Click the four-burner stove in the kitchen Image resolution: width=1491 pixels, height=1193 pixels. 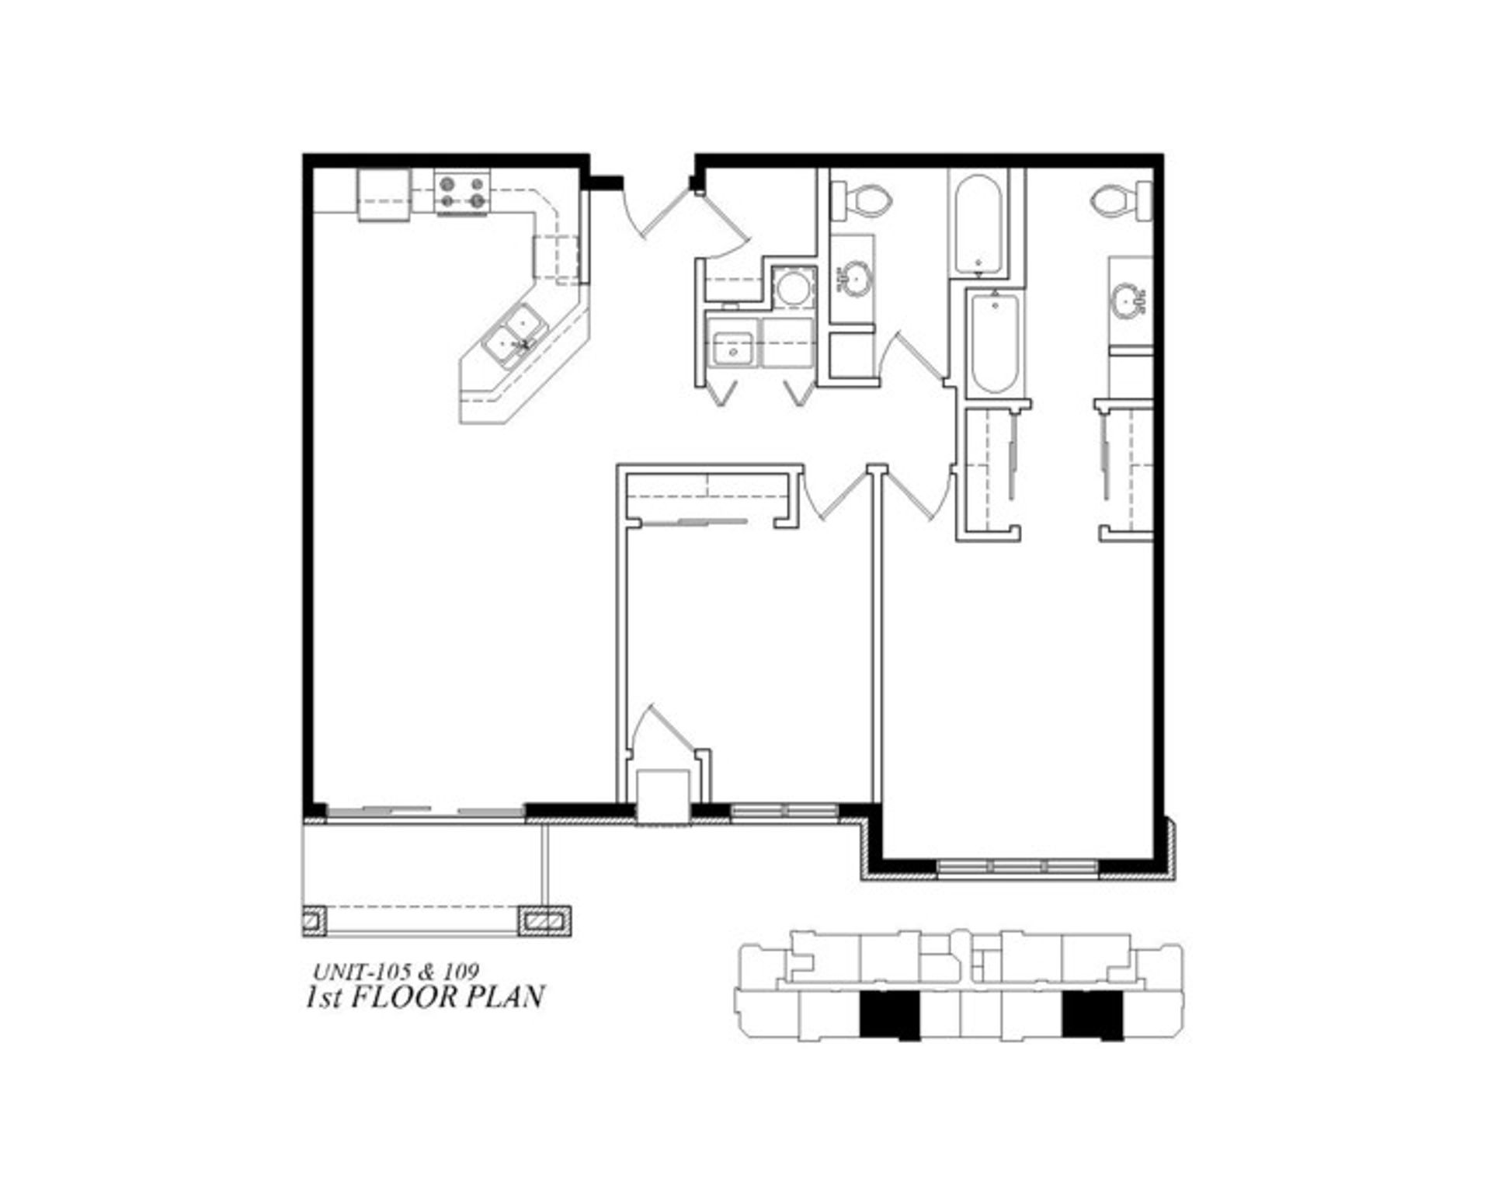(462, 193)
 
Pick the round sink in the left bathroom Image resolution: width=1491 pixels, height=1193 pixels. (855, 277)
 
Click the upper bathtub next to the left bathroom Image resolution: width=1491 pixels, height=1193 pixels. (978, 224)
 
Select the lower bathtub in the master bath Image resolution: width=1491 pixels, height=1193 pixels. (996, 343)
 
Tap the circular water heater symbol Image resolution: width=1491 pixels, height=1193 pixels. (793, 287)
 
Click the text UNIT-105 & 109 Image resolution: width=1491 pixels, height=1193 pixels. (395, 971)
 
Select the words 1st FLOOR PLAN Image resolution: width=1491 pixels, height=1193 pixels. (425, 996)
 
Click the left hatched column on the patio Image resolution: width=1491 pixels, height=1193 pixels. (314, 921)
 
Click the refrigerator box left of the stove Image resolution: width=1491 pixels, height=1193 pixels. (383, 197)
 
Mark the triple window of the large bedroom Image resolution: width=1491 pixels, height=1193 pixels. (1017, 865)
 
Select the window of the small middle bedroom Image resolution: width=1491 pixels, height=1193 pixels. (784, 812)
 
